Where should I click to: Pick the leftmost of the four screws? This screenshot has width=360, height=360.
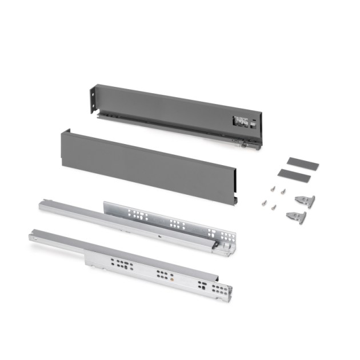pos(263,201)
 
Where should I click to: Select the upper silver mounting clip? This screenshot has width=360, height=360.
pos(305,200)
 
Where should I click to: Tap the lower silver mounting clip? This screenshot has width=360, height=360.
pos(295,216)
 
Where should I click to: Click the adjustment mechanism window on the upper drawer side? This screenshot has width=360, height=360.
pos(240,122)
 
